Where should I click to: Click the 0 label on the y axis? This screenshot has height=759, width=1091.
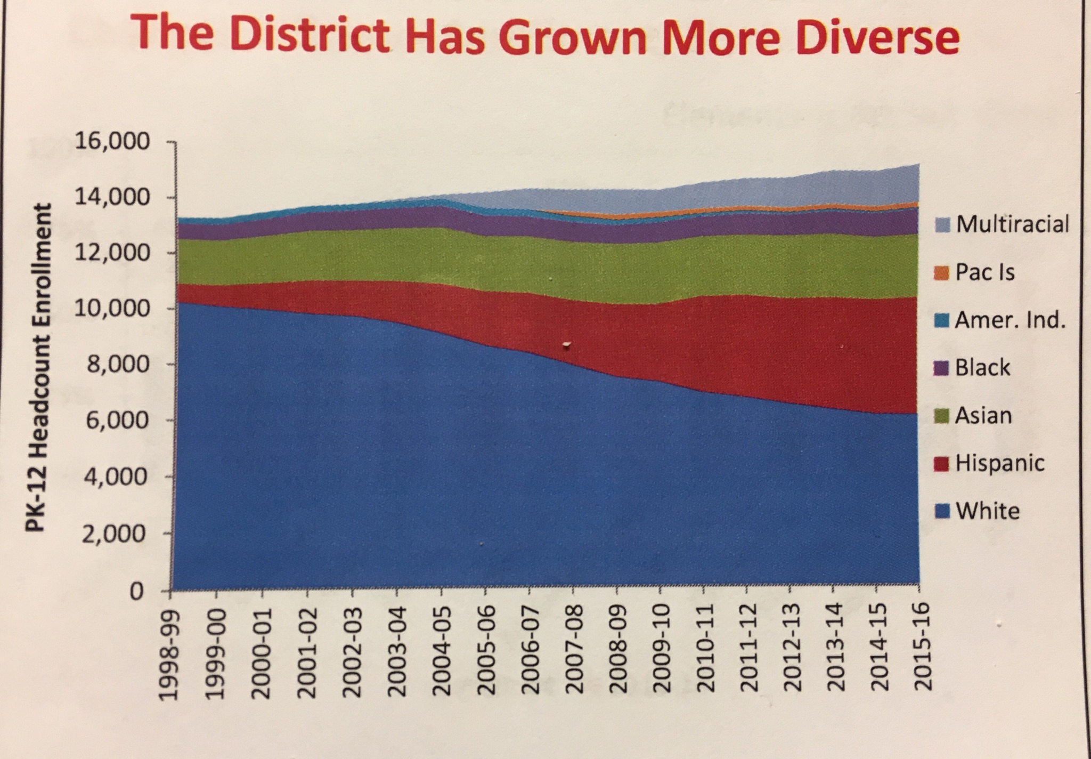click(x=137, y=591)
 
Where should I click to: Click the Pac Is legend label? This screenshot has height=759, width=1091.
click(x=984, y=272)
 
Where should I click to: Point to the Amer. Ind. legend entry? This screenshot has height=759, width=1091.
click(x=1009, y=320)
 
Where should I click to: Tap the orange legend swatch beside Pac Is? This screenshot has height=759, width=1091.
click(x=942, y=273)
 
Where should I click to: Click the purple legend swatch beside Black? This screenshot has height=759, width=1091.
click(x=942, y=369)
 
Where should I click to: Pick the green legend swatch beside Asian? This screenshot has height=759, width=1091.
click(x=942, y=416)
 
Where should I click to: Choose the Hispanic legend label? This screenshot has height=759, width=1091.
click(x=999, y=463)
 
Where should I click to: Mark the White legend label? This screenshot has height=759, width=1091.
click(x=987, y=511)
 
